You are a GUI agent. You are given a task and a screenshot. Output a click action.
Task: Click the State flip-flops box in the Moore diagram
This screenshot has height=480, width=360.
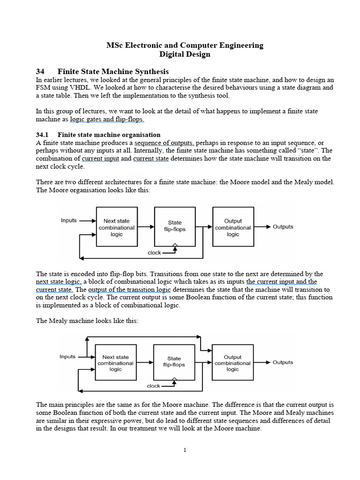[174, 226]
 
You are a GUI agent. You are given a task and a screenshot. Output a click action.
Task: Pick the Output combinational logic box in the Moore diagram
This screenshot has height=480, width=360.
[233, 227]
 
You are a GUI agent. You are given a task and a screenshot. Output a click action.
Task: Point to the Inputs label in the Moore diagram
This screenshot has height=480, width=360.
[69, 220]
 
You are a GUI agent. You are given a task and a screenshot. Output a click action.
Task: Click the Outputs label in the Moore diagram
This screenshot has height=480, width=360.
[283, 227]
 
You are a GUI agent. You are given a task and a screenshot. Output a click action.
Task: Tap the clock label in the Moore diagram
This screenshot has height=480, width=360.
[154, 253]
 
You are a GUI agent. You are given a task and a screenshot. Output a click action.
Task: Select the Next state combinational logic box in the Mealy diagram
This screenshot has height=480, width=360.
[115, 363]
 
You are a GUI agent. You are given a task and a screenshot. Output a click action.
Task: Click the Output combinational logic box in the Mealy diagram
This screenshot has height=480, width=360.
[232, 363]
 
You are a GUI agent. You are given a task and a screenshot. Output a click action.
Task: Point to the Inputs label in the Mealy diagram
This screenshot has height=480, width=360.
[67, 356]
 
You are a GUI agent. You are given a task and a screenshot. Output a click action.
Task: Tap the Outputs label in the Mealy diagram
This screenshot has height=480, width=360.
[283, 362]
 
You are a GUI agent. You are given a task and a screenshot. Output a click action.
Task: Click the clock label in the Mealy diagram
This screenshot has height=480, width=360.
[153, 386]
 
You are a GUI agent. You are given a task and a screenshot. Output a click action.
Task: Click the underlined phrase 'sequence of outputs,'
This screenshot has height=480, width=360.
[164, 142]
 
